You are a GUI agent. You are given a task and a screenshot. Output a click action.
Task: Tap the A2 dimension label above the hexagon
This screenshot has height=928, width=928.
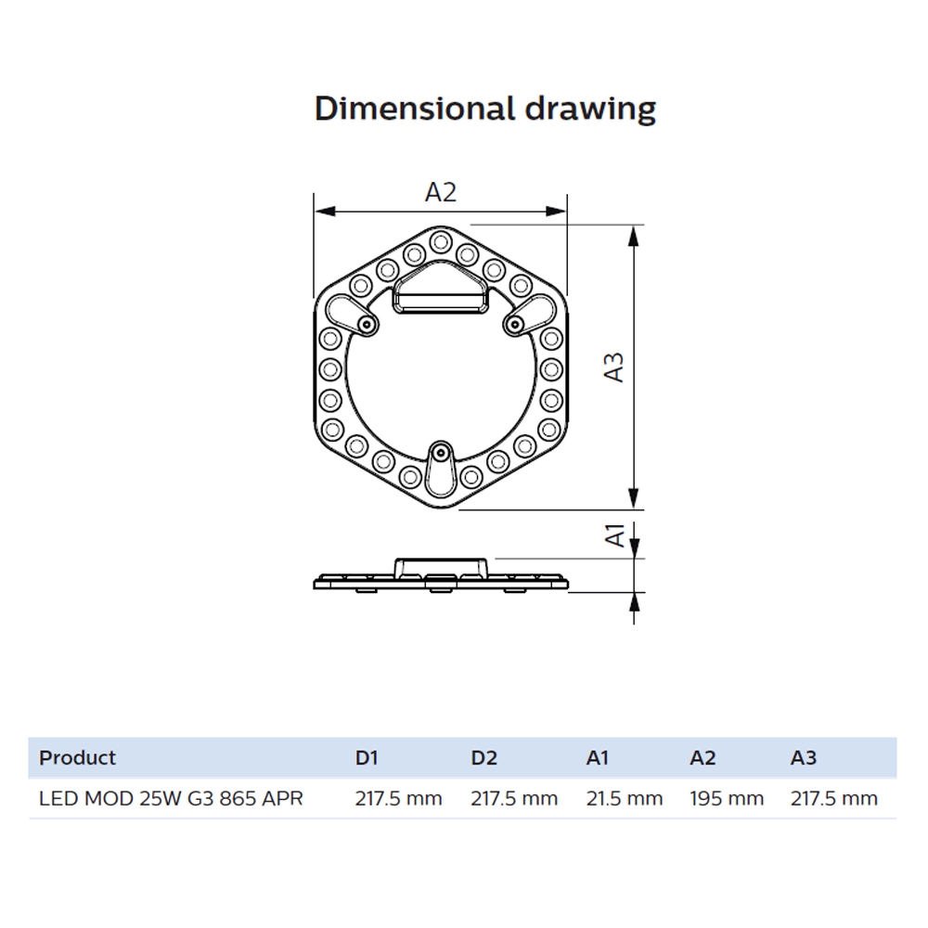pyautogui.click(x=441, y=192)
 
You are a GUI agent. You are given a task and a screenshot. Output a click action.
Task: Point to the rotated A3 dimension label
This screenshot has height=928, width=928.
pyautogui.click(x=614, y=367)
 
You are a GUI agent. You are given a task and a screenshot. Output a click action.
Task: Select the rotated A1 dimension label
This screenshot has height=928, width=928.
pyautogui.click(x=615, y=535)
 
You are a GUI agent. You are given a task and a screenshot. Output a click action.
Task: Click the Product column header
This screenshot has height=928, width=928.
pyautogui.click(x=77, y=757)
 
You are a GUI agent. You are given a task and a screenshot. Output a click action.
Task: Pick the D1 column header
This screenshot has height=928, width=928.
pyautogui.click(x=367, y=757)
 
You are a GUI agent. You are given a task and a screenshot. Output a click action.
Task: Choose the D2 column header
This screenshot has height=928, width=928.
pyautogui.click(x=484, y=757)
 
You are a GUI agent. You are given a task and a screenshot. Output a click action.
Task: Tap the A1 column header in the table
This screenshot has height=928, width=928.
pyautogui.click(x=597, y=757)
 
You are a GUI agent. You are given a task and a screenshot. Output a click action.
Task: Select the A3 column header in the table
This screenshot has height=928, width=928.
pyautogui.click(x=803, y=757)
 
